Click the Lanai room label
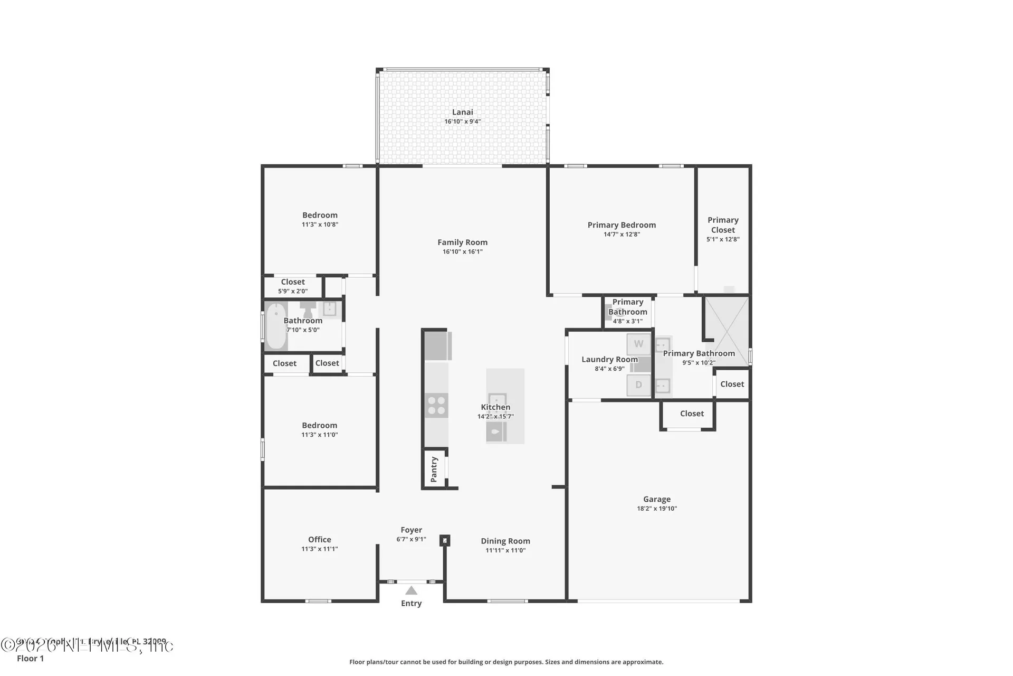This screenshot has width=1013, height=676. (462, 112)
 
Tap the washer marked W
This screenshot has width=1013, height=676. (638, 344)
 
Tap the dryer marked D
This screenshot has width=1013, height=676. (638, 385)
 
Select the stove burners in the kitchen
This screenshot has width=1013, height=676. (436, 406)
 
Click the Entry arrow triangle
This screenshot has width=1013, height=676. (411, 590)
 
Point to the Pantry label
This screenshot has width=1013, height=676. (434, 469)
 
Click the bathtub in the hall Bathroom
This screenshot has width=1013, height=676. (275, 326)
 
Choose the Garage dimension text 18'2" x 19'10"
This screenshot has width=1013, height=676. (656, 509)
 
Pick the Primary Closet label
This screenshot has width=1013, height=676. (723, 225)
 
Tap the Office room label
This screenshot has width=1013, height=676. (320, 539)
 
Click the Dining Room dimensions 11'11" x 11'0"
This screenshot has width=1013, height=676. (505, 550)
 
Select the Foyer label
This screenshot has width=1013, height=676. (411, 530)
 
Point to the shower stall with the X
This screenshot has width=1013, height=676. (727, 331)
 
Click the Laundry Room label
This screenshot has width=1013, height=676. (609, 359)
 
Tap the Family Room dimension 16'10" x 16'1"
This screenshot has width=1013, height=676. (462, 252)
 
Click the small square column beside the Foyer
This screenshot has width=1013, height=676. (445, 540)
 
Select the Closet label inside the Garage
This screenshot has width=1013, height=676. (692, 414)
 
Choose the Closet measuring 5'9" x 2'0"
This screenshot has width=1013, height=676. (293, 286)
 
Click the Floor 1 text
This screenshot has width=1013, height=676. (31, 658)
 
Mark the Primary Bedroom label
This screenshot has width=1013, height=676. (622, 225)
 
